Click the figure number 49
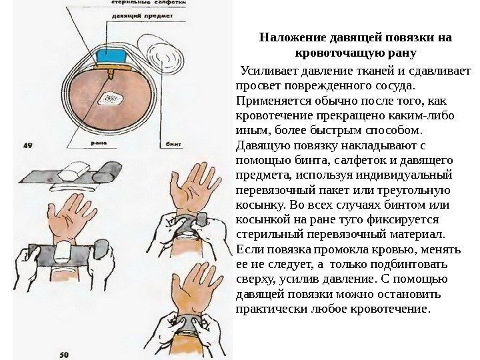coord(29,143)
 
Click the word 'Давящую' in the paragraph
coord(259,145)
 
